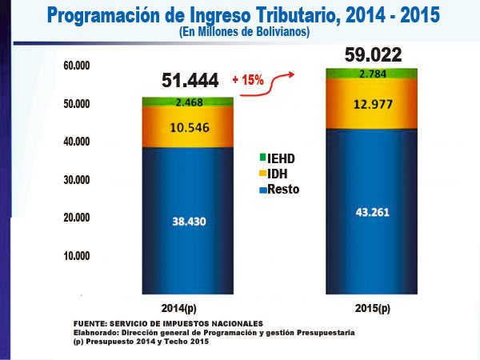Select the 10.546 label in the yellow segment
click(x=186, y=126)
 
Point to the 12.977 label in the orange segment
click(x=370, y=103)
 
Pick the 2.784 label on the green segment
click(x=370, y=74)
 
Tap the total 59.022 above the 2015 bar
click(x=373, y=55)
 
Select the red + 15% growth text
click(x=247, y=81)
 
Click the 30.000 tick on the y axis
click(x=76, y=180)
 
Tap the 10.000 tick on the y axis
click(x=76, y=256)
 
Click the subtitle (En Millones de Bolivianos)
click(x=239, y=31)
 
